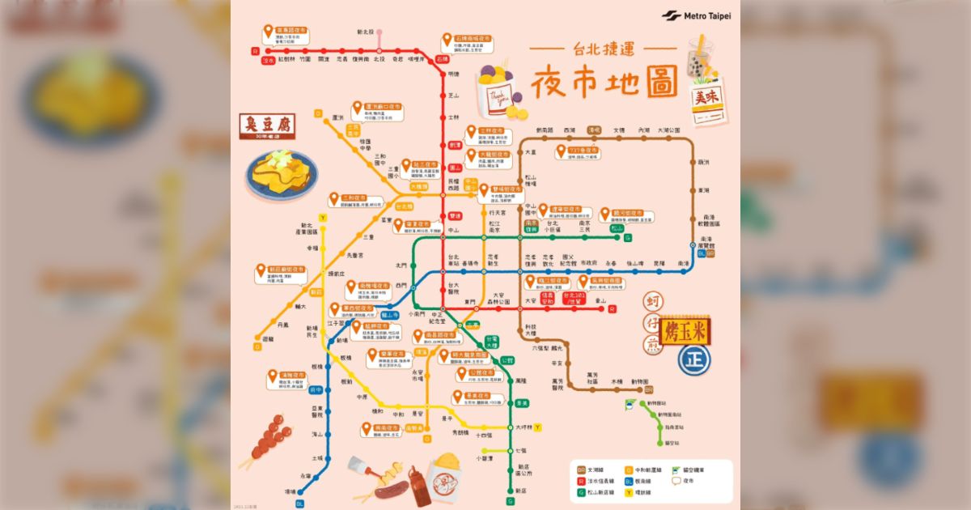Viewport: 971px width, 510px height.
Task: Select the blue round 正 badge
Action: coord(692,356)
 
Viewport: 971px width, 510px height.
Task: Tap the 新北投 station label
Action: coord(366,32)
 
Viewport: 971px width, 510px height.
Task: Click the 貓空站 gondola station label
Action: coord(672,443)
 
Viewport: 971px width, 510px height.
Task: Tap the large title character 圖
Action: coord(660,82)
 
